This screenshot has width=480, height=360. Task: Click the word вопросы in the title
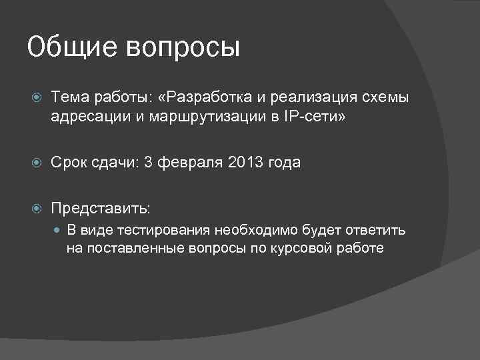(182, 48)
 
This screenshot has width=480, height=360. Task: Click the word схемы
(385, 98)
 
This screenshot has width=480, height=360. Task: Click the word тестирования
(158, 231)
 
